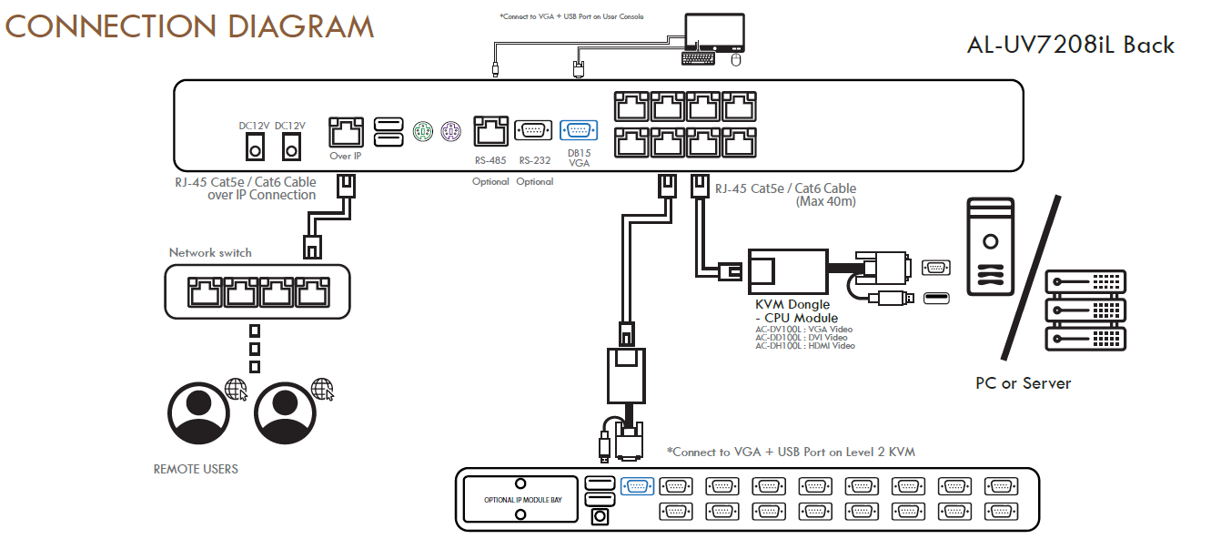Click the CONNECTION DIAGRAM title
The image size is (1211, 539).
[189, 26]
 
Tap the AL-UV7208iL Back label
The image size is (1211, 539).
[1071, 45]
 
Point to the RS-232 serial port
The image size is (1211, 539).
[534, 130]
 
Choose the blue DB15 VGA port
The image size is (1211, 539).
[579, 130]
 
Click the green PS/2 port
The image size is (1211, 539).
[422, 131]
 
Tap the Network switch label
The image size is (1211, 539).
[210, 252]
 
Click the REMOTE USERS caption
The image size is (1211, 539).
[196, 469]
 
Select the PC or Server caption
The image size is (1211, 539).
[1024, 383]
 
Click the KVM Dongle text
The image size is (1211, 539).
[792, 304]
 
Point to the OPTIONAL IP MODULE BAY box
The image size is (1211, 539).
[520, 500]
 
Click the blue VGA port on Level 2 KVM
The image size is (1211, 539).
[637, 486]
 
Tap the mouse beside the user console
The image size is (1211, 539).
[736, 59]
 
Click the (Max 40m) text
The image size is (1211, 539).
[825, 201]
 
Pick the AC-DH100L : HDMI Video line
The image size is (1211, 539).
[805, 346]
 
